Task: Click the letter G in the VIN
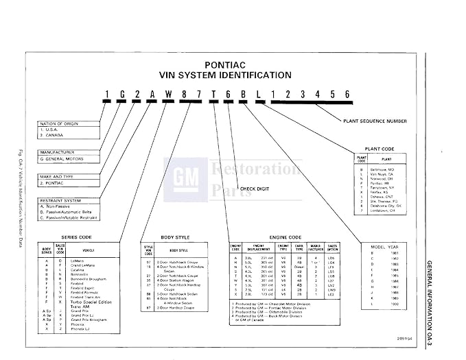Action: coord(119,93)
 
